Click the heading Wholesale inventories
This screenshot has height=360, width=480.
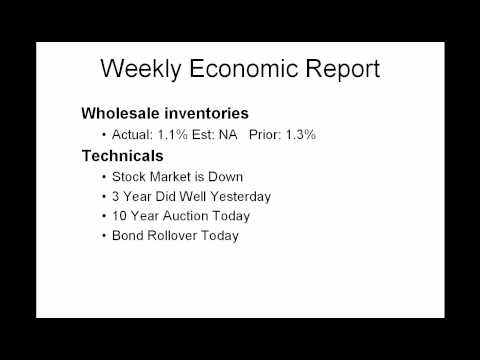(x=164, y=113)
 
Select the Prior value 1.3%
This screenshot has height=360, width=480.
(x=300, y=134)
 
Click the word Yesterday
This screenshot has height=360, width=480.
(x=240, y=196)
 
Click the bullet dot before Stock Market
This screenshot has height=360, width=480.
(x=104, y=176)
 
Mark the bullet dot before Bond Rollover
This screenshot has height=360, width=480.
(x=104, y=236)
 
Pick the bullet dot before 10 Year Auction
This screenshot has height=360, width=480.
(x=104, y=216)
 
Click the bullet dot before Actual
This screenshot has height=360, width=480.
(x=104, y=134)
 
